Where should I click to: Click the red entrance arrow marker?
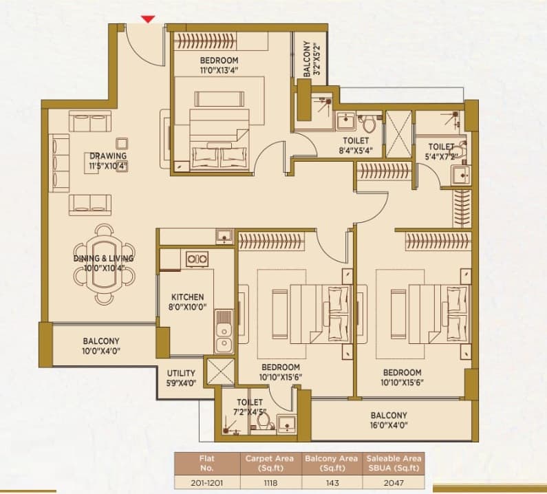pyautogui.click(x=148, y=19)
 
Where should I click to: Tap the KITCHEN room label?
pyautogui.click(x=187, y=297)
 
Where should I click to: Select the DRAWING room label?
pyautogui.click(x=108, y=156)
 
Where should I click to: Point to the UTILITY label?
pyautogui.click(x=181, y=374)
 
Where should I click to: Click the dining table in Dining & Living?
pyautogui.click(x=104, y=264)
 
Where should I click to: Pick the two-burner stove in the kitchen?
pyautogui.click(x=197, y=259)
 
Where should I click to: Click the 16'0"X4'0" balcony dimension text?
pyautogui.click(x=389, y=425)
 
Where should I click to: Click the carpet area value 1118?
pyautogui.click(x=270, y=483)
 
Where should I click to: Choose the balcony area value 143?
pyautogui.click(x=332, y=483)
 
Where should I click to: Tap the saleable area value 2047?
pyautogui.click(x=394, y=483)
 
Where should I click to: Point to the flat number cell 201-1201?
pyautogui.click(x=207, y=483)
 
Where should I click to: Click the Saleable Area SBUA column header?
pyautogui.click(x=394, y=463)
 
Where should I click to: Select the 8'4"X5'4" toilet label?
pyautogui.click(x=356, y=151)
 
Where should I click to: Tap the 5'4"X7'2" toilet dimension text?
pyautogui.click(x=441, y=157)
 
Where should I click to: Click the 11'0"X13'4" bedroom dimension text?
pyautogui.click(x=219, y=70)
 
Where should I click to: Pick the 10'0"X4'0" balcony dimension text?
pyautogui.click(x=101, y=351)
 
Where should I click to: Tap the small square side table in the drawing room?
pyautogui.click(x=121, y=143)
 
